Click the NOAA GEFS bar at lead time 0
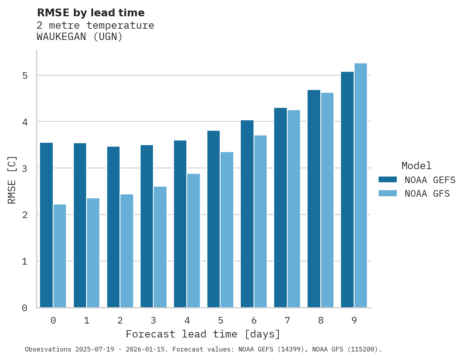[x=46, y=225]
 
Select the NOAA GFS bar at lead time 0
[x=60, y=256]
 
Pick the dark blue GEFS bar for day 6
[x=247, y=214]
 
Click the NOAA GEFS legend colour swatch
[x=388, y=180]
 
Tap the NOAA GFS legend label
[x=427, y=194]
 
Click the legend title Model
[x=416, y=166]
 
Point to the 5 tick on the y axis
[x=25, y=75]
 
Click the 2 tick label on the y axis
[x=25, y=215]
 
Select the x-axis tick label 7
[x=287, y=321]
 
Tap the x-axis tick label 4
[x=187, y=321]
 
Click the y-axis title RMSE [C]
[x=12, y=180]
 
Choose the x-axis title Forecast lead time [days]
[x=203, y=334]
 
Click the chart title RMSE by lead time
[x=90, y=13]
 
